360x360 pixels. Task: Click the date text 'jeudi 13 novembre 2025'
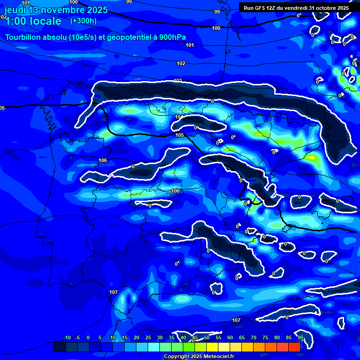pos(56,10)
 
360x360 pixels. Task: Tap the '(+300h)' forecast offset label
pos(83,21)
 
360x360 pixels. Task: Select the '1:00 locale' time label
pos(33,21)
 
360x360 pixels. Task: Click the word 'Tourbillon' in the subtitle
pos(23,37)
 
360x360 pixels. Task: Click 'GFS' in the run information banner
pos(263,8)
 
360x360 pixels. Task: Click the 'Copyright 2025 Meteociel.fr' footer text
pos(199,356)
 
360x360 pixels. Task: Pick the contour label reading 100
pos(216,29)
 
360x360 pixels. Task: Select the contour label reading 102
pos(181,63)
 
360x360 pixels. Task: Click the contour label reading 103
pos(178,81)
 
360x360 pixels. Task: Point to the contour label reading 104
pos(179,117)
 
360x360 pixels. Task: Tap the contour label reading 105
pos(180,135)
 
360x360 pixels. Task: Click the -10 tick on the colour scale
pos(67,337)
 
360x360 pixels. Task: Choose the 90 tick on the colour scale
pos(300,337)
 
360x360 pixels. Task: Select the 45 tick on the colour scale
pos(195,337)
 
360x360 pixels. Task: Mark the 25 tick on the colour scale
pos(148,337)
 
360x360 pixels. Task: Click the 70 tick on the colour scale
pos(253,337)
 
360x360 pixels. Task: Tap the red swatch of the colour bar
pos(294,347)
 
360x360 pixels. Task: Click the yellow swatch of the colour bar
pos(212,347)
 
